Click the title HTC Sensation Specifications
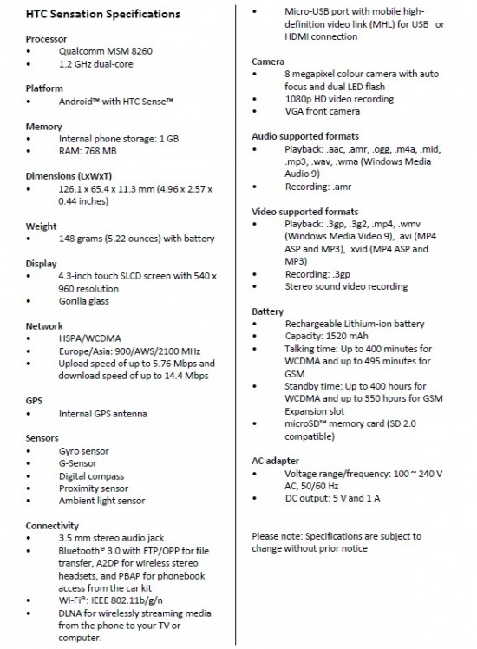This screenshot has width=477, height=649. tap(102, 15)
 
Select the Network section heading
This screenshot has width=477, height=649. tap(45, 326)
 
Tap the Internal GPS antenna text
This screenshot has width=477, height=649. tap(109, 414)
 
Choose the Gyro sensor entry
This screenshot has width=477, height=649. tap(85, 451)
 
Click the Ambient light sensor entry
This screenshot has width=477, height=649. tap(101, 501)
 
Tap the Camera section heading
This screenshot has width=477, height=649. tap(269, 62)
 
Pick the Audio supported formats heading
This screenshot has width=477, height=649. tap(305, 136)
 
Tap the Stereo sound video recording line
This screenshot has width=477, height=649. tap(346, 286)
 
